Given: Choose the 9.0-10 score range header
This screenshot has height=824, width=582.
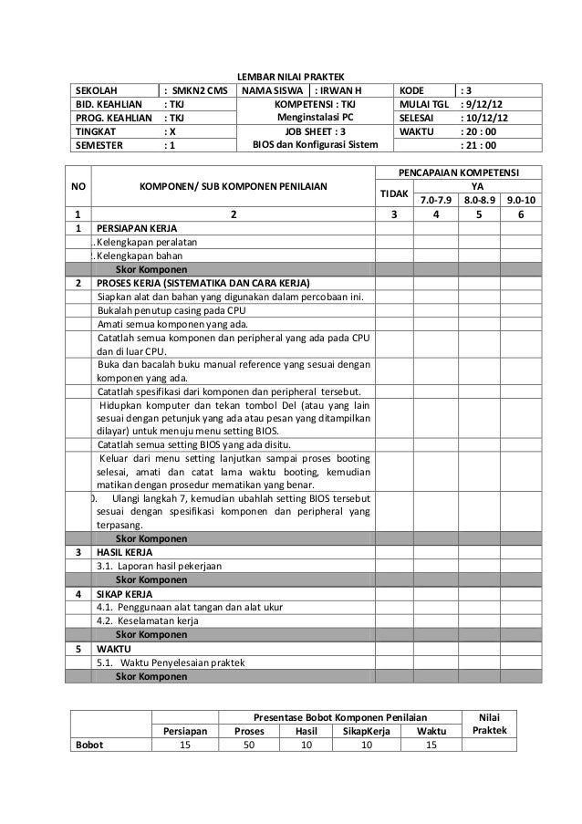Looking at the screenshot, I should pos(521,200).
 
